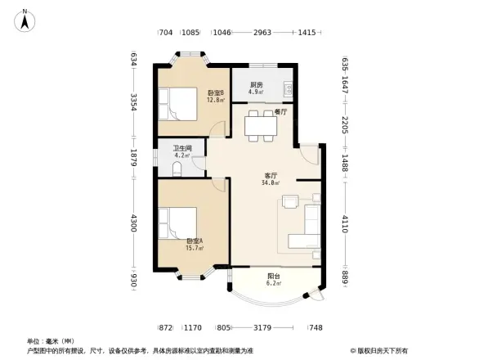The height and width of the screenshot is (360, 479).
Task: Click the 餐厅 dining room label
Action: point(280,110)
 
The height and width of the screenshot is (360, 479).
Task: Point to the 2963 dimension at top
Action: point(262,33)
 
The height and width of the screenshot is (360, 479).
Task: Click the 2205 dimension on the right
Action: point(345,125)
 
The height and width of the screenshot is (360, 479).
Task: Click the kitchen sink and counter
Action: point(285,87)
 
